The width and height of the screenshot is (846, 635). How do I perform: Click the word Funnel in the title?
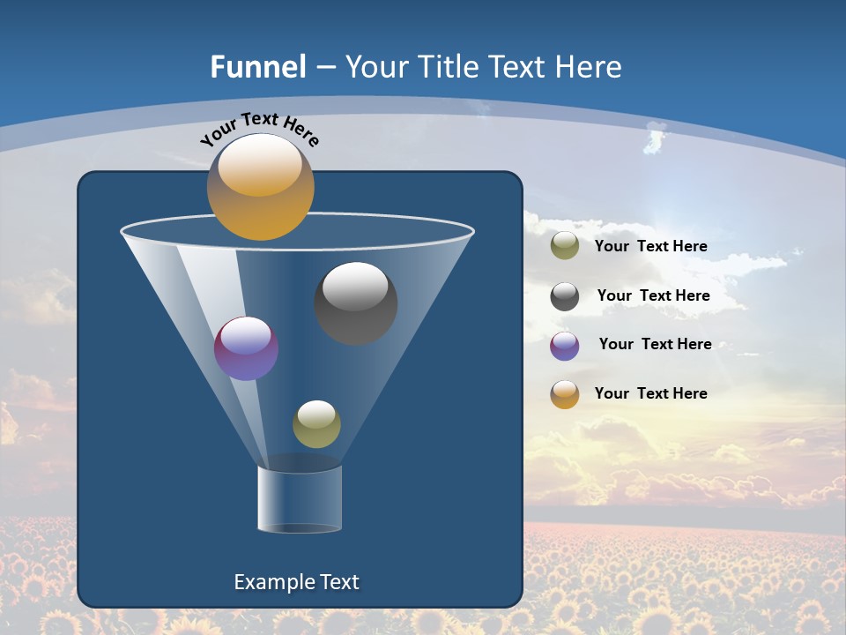click(257, 67)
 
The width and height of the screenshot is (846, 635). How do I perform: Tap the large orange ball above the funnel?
click(260, 187)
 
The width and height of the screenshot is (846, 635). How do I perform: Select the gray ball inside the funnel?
click(356, 303)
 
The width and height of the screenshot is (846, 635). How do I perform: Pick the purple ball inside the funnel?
click(246, 348)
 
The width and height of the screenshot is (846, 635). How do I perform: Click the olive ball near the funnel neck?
click(316, 424)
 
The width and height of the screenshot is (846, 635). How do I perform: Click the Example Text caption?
click(296, 582)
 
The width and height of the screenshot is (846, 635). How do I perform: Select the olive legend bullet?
click(565, 246)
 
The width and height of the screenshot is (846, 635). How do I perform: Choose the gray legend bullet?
click(565, 296)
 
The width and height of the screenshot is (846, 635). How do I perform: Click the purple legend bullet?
click(565, 346)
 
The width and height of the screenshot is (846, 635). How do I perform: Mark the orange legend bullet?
click(565, 394)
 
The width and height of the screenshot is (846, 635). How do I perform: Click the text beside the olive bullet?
click(650, 247)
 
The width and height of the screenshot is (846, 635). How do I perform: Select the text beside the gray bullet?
click(653, 296)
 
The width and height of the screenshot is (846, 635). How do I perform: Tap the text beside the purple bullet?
click(655, 345)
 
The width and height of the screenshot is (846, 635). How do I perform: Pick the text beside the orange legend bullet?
click(650, 393)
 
